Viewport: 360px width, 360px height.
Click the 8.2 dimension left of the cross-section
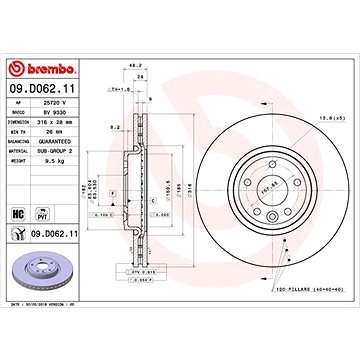coord(116,129)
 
